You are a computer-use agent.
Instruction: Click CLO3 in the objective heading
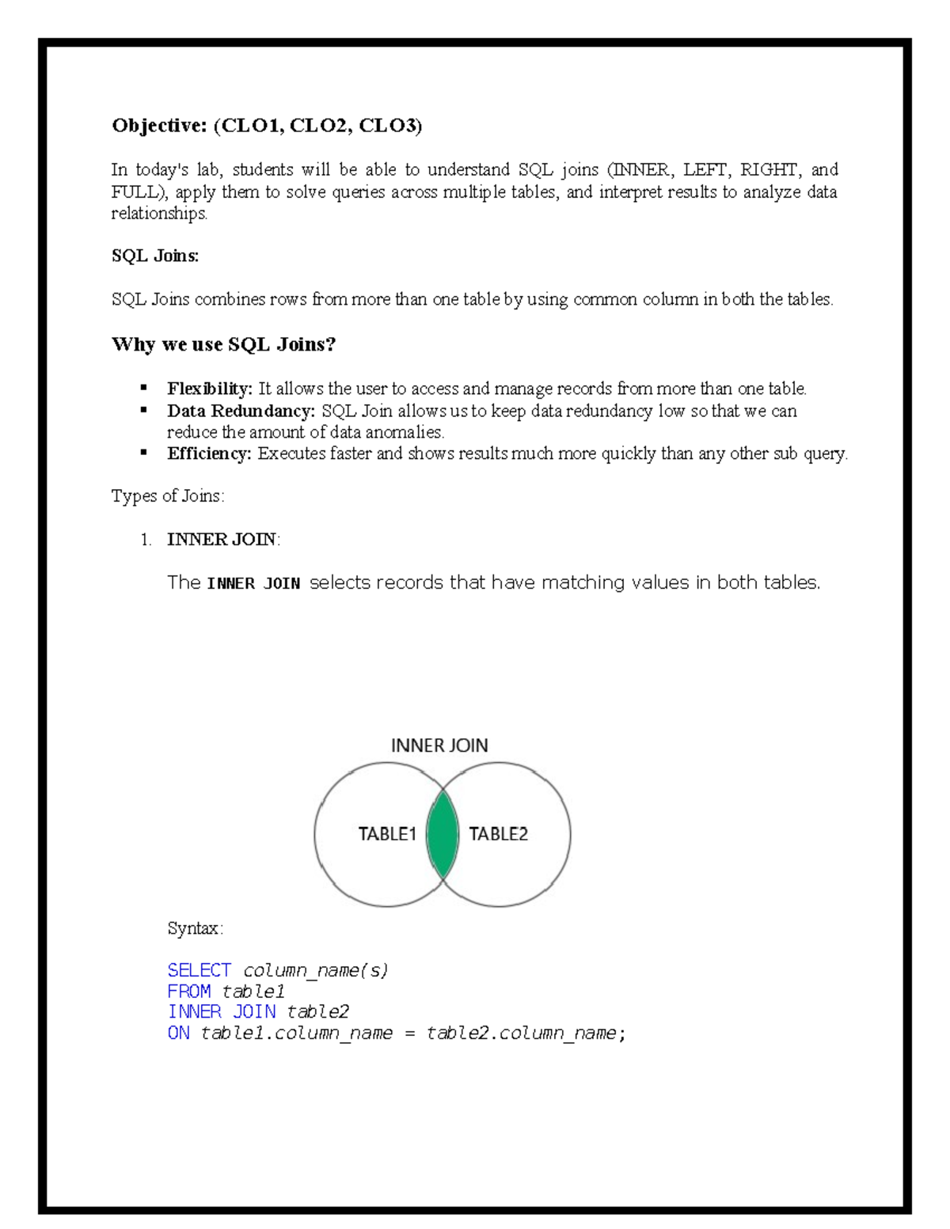coord(388,126)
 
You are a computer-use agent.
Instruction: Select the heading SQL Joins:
coord(155,256)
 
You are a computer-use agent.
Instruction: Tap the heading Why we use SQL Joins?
coord(224,344)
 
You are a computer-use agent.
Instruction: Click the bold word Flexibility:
coord(210,389)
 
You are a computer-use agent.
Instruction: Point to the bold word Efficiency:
coord(209,453)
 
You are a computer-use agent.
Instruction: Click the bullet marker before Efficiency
coord(144,453)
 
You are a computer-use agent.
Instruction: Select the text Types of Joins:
coord(168,496)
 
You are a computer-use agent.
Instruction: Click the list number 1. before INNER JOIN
coord(146,540)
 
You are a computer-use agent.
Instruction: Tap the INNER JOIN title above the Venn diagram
coord(439,745)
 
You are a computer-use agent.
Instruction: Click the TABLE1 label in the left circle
coord(387,834)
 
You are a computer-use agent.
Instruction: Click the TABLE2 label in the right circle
coord(498,834)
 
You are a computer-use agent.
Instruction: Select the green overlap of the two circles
coord(443,834)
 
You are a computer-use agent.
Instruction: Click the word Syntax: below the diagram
coord(196,928)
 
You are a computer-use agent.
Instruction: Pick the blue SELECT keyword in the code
coord(199,970)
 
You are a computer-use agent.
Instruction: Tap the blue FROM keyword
coord(189,992)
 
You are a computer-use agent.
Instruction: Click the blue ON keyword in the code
coord(178,1033)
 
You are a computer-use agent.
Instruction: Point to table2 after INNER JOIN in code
coord(317,1012)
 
